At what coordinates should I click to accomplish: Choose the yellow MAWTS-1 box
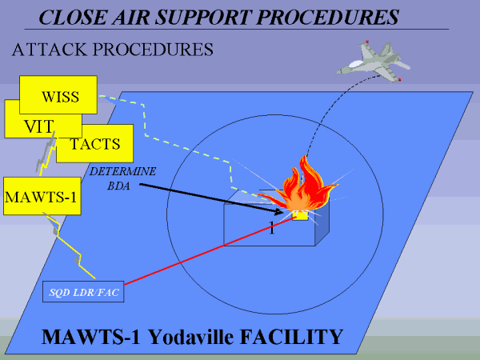tap(40, 196)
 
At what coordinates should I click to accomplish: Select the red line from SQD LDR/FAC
tap(200, 253)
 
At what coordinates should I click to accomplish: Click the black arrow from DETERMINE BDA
tap(208, 198)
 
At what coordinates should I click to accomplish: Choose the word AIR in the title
tap(131, 15)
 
